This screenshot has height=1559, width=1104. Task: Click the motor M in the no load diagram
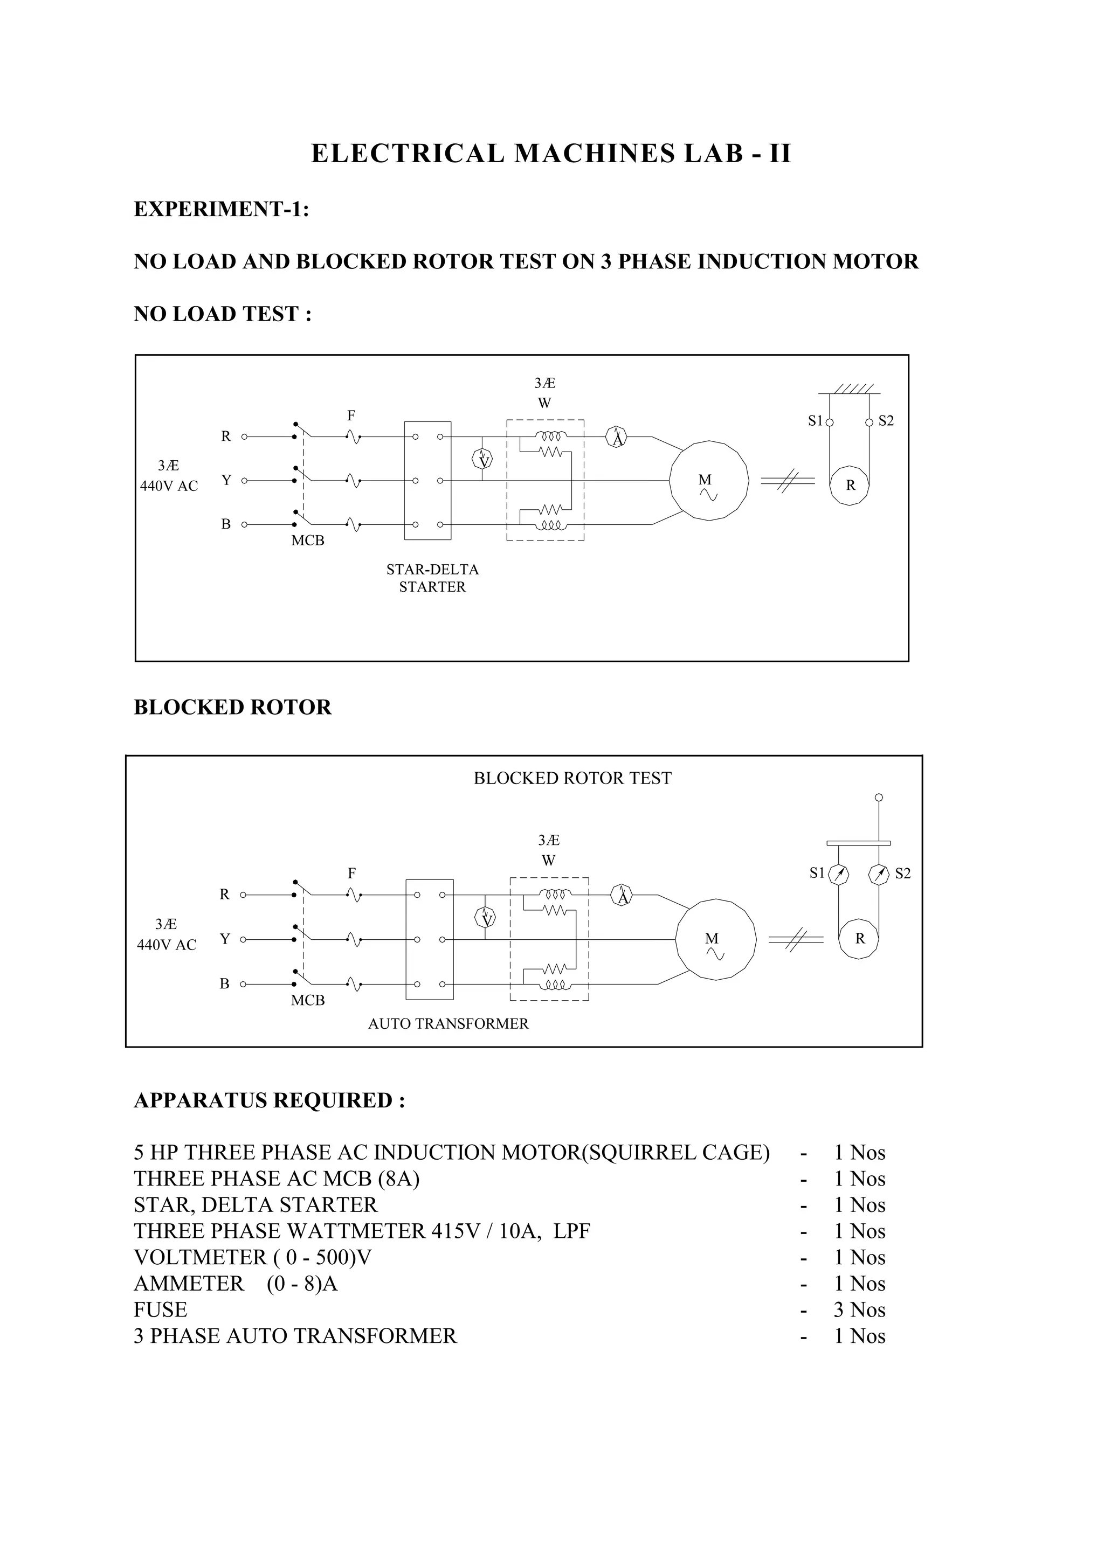pos(708,481)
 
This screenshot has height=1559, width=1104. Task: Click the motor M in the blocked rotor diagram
pos(716,939)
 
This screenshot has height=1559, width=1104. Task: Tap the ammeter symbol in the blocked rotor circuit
pos(622,895)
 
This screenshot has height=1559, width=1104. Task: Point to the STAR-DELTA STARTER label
pos(432,578)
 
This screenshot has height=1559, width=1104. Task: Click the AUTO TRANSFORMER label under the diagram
pos(448,1023)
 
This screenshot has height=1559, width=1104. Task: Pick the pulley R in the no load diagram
pos(850,485)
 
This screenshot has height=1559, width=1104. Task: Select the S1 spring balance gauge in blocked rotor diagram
pos(839,874)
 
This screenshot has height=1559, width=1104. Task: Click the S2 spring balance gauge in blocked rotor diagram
pos(879,874)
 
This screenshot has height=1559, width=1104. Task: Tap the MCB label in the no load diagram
pos(308,541)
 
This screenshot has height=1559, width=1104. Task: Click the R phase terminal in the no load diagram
pos(244,437)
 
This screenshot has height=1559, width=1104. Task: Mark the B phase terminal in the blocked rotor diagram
pos(243,983)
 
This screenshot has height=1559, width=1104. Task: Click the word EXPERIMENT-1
pos(222,209)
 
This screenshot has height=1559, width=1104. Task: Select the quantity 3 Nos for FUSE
pos(859,1309)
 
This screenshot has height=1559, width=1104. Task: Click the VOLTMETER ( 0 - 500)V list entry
pos(253,1257)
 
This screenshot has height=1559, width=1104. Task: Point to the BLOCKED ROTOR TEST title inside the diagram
pos(572,778)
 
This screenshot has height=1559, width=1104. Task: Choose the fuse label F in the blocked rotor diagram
pos(351,874)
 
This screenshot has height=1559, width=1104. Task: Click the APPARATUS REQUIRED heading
pos(269,1100)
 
